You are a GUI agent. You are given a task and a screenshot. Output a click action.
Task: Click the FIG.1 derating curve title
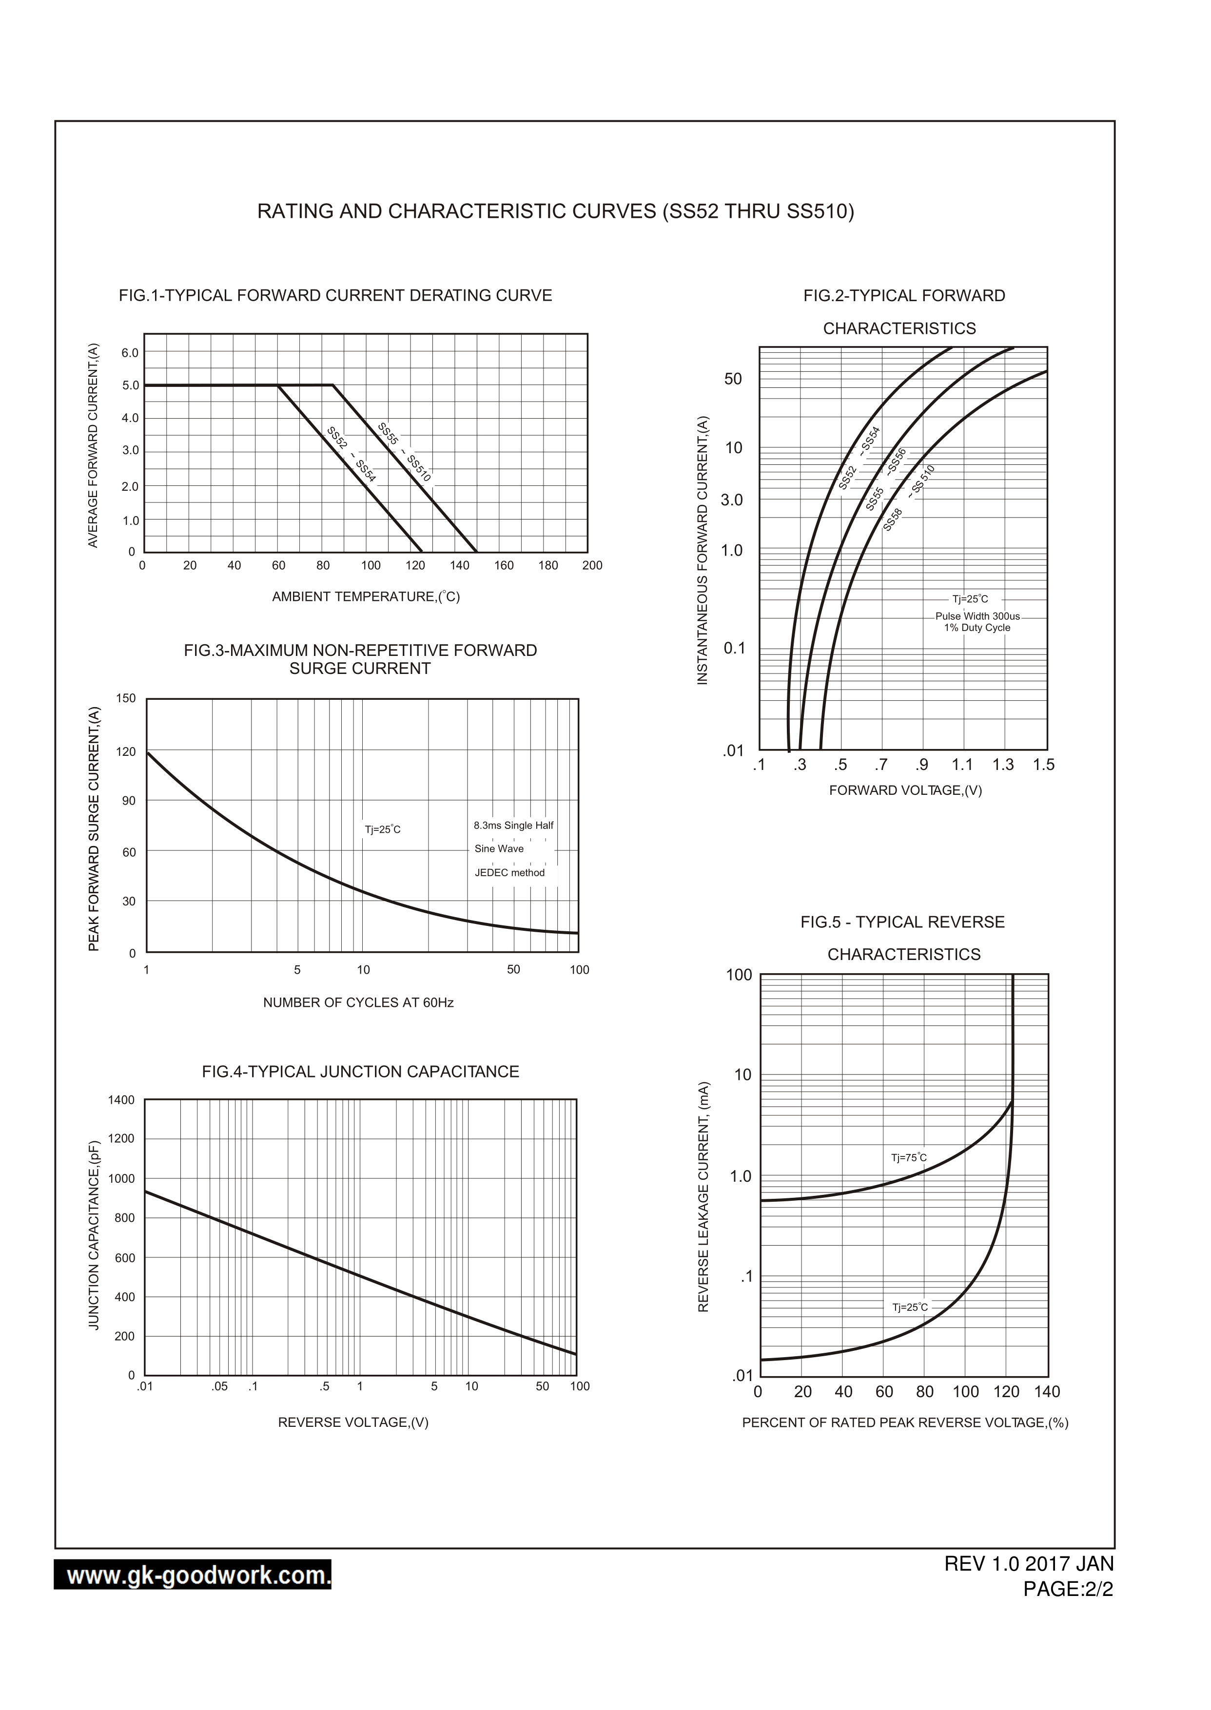(x=335, y=295)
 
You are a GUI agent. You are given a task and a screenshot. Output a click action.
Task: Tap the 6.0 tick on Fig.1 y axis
(x=130, y=353)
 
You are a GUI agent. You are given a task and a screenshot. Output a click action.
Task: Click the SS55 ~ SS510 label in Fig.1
(x=404, y=452)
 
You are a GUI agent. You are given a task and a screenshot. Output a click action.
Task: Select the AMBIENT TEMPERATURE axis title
(x=365, y=596)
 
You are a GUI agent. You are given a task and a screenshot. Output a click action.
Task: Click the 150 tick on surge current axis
(x=126, y=698)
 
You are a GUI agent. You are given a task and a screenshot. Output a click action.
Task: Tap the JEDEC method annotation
(x=509, y=873)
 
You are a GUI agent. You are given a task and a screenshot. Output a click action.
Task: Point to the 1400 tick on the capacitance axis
(x=121, y=1100)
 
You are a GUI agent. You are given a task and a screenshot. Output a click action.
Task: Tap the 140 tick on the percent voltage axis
(x=1046, y=1392)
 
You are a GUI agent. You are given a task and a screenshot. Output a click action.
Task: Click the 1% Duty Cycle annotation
(x=977, y=628)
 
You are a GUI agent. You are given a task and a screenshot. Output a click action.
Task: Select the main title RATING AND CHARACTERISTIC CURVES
(x=556, y=211)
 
